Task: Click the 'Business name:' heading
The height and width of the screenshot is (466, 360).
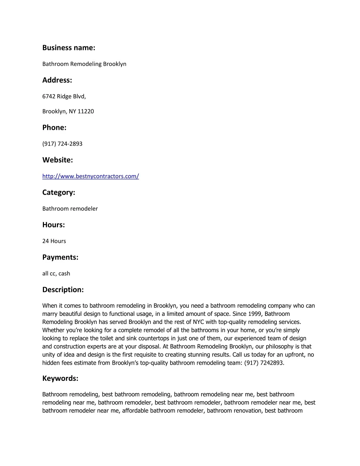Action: click(69, 48)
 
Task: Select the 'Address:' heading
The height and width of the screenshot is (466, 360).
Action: click(57, 80)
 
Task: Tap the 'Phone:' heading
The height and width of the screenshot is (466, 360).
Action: click(54, 128)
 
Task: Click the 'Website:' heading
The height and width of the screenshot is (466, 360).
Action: click(58, 160)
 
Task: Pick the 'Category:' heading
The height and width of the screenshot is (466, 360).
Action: click(59, 192)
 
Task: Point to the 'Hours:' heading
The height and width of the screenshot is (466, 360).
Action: click(53, 225)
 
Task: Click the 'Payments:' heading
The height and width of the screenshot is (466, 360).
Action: click(60, 257)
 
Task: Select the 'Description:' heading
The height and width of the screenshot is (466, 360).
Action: click(63, 290)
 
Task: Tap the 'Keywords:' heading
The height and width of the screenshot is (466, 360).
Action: click(60, 378)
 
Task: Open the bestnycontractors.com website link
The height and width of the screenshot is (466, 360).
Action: click(90, 176)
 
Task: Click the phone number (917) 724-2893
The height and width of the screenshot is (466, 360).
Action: click(62, 144)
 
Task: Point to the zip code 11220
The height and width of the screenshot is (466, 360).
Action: click(86, 111)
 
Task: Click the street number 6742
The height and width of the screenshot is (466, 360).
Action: click(49, 96)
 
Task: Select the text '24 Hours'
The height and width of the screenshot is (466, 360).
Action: click(54, 241)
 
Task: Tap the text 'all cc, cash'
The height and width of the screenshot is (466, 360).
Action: click(56, 274)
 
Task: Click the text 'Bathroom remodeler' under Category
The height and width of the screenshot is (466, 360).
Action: click(70, 209)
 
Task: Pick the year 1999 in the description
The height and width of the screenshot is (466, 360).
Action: click(255, 314)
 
